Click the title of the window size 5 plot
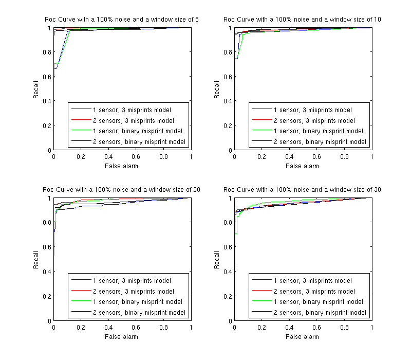(122, 20)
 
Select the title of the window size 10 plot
(303, 20)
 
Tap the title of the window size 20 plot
(122, 190)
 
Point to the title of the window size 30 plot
(303, 190)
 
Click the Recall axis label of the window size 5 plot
(36, 89)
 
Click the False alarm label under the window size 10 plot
(302, 166)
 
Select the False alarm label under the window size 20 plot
(122, 337)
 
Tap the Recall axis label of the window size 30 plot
(217, 260)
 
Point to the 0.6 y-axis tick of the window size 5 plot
(48, 77)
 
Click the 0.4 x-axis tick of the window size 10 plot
(289, 157)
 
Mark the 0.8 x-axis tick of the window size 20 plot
(163, 328)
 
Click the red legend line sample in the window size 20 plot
(80, 292)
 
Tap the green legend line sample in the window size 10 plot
(261, 131)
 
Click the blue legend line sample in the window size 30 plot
(261, 281)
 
